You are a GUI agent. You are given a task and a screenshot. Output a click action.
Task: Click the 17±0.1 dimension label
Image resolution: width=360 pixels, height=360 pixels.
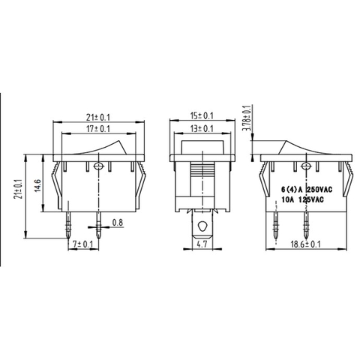point(98,129)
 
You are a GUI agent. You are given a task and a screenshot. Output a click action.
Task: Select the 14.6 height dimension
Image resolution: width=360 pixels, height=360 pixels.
point(38,185)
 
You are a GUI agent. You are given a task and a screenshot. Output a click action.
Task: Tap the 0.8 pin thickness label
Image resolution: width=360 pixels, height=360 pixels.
point(118,222)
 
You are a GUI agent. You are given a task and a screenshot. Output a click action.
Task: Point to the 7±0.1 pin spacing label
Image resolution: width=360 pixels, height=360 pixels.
point(82,244)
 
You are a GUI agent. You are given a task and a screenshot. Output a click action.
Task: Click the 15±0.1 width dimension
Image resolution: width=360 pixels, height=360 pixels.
point(202,116)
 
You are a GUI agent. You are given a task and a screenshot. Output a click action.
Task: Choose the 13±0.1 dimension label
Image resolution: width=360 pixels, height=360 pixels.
point(202,129)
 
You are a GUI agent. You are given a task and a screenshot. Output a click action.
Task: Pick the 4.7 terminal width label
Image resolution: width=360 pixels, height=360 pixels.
point(202,244)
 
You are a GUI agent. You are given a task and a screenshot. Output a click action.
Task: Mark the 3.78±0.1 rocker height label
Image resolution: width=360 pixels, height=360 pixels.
point(247,118)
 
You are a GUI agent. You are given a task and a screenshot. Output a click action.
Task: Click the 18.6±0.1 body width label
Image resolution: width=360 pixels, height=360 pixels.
point(305,244)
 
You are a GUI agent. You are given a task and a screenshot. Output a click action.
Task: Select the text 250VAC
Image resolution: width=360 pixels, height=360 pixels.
point(319,190)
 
